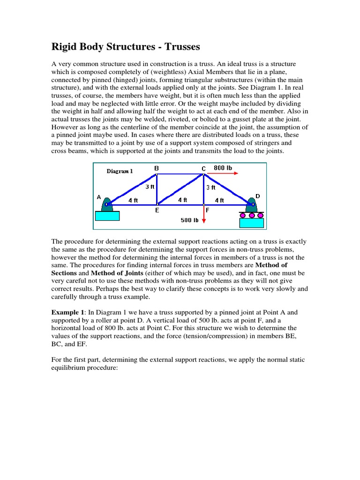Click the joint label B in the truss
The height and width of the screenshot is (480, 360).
tap(157, 168)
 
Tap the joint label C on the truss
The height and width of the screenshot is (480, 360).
tap(203, 168)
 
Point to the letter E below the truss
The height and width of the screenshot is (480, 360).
tap(157, 210)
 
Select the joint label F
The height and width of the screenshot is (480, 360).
tap(207, 210)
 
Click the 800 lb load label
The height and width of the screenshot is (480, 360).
tap(223, 168)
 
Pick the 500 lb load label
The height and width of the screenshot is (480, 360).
tap(189, 220)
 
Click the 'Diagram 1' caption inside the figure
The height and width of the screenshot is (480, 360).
tap(120, 171)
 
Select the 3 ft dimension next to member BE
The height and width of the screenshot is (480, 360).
tap(150, 187)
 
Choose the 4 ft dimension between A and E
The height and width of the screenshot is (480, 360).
tap(133, 200)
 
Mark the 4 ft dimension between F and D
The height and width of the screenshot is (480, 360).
tap(219, 200)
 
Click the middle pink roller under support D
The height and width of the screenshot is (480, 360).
tap(252, 216)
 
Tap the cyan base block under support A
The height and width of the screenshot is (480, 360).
tap(107, 216)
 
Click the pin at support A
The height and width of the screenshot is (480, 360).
tap(107, 204)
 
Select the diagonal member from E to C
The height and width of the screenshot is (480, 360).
tap(180, 189)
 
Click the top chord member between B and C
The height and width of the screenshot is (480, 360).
tap(180, 174)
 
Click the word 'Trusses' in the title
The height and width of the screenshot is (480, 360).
tap(179, 47)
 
